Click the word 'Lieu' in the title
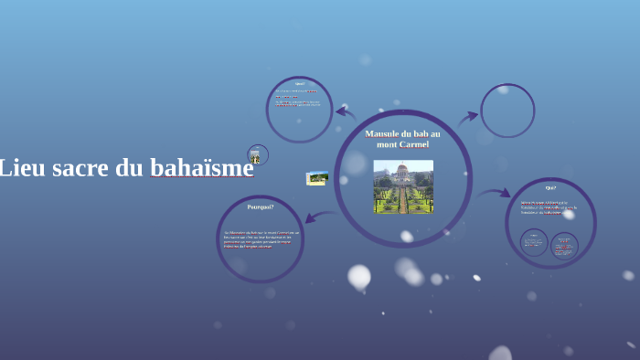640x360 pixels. point(17,168)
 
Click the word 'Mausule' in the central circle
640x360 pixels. point(385,133)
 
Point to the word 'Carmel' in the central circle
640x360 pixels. point(412,144)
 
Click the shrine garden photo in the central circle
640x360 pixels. point(403,186)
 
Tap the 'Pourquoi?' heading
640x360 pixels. point(261,206)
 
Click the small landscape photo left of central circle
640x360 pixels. point(317,177)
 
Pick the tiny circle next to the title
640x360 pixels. point(257,154)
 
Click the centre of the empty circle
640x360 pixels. point(507,111)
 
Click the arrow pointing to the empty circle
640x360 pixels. point(467,118)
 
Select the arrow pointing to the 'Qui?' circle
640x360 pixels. point(494,194)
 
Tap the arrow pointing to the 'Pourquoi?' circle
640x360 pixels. point(319,217)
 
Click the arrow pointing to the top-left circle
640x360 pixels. point(345,113)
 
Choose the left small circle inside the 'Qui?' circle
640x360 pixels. point(534,242)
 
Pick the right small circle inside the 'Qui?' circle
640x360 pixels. point(564,245)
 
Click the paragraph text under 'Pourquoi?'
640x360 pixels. point(261,238)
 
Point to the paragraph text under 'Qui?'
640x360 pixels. point(549,207)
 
